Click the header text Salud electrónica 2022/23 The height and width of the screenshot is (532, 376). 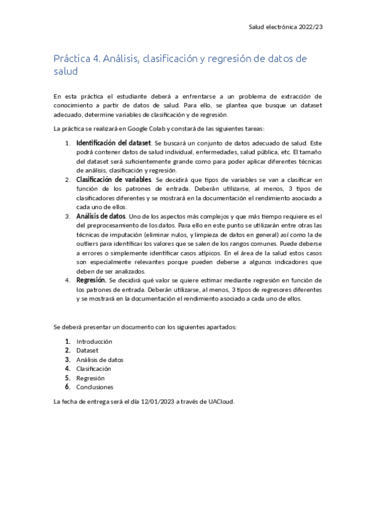coord(286,28)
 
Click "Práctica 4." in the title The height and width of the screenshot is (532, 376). coord(73,59)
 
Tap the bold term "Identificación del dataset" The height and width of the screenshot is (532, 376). coord(113,143)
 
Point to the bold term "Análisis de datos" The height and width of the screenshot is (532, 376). coord(101,216)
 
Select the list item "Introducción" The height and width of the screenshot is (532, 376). coord(94,341)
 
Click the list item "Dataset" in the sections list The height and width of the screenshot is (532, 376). coord(87,351)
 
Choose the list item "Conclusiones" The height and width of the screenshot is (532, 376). coord(95,387)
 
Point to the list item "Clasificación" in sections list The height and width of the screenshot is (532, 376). coord(94,369)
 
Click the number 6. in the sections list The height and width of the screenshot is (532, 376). coord(68,387)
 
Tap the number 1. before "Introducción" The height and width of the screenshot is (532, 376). coord(68,341)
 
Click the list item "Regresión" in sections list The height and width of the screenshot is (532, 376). coord(90,378)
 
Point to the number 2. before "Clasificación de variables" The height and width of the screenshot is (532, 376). coord(68,179)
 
